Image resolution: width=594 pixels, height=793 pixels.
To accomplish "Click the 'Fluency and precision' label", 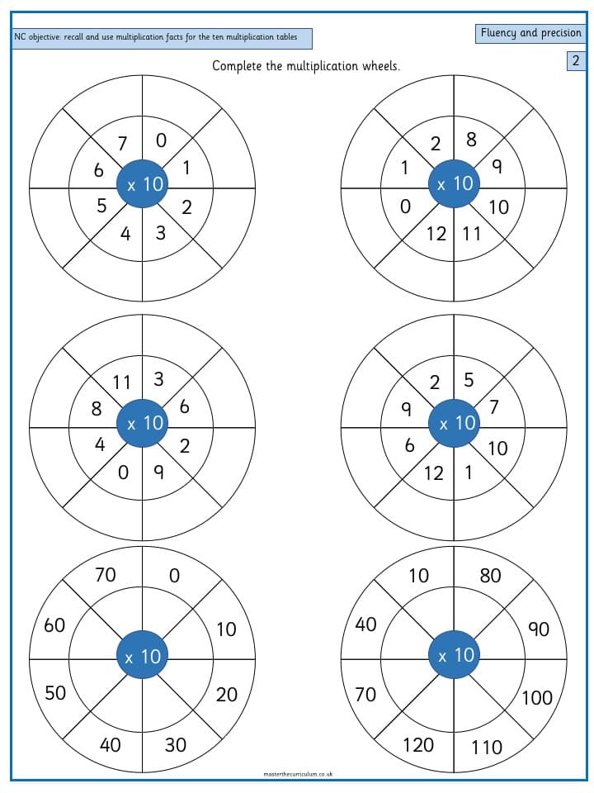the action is (530, 33).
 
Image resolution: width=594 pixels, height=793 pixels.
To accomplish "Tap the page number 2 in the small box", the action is (575, 60).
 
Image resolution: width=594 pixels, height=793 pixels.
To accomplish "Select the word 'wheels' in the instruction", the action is (381, 66).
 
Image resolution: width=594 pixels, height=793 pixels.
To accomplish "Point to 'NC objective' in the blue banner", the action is (37, 37).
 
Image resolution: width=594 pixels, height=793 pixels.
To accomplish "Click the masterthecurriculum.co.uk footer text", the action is (298, 774).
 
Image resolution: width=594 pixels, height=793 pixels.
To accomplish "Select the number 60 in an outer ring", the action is (54, 625).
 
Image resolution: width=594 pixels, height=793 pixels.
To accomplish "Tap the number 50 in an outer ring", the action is (55, 692).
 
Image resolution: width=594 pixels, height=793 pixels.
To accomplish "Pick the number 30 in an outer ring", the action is (175, 744).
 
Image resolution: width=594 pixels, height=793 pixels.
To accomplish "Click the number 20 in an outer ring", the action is (226, 695).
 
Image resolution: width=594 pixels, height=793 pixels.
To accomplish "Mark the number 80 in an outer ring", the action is (490, 575).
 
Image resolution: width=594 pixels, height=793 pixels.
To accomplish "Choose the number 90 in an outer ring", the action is (539, 629).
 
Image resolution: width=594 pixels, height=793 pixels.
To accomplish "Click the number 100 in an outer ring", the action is (537, 698).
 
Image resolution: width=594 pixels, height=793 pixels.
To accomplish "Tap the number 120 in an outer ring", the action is (418, 744).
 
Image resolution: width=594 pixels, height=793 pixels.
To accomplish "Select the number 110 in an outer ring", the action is (487, 747).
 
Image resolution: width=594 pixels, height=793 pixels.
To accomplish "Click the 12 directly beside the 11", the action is (436, 234).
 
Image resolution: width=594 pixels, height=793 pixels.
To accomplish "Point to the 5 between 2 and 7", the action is (469, 379).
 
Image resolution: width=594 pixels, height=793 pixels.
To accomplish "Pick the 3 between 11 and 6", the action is (158, 379).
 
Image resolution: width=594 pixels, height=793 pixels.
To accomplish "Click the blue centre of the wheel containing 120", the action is (454, 655).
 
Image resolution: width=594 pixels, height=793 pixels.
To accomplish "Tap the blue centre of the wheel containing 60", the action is (142, 656).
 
